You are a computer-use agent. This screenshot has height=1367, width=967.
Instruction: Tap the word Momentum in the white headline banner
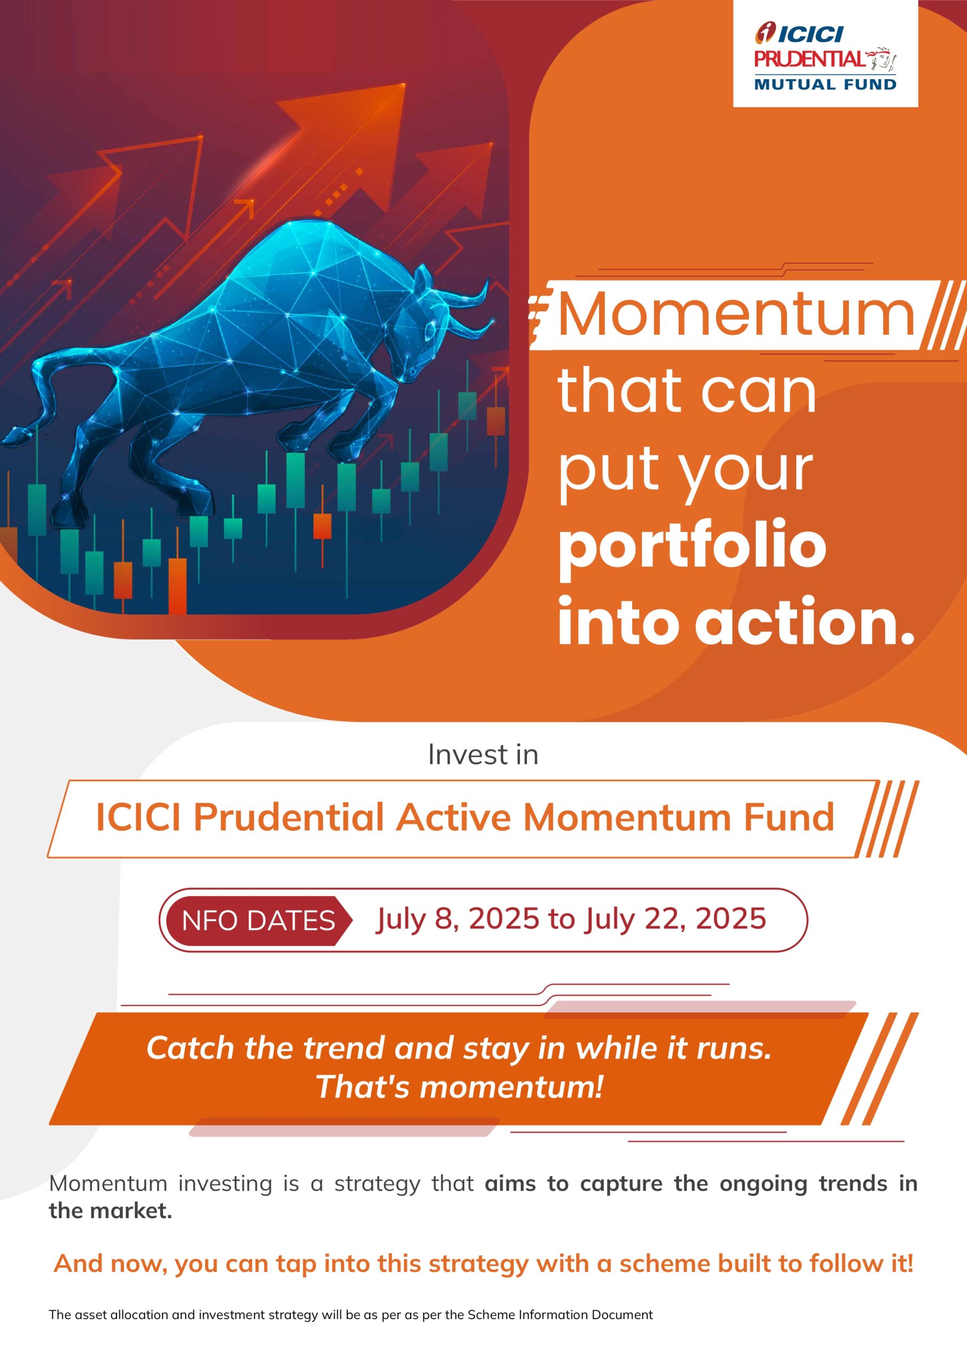735,314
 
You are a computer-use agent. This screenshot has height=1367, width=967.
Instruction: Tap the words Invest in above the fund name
483,755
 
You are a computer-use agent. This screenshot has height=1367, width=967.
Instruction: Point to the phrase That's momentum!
459,1086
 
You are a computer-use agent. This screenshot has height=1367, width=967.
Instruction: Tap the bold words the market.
110,1211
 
